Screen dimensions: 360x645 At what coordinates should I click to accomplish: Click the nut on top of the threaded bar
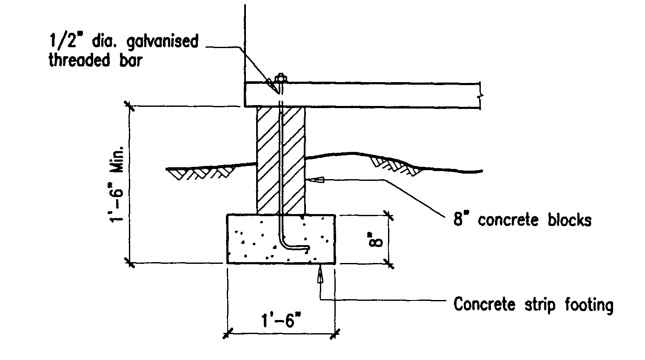(281, 78)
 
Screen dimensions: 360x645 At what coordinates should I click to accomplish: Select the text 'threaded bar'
(95, 60)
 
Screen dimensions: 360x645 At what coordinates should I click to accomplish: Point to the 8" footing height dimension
(377, 240)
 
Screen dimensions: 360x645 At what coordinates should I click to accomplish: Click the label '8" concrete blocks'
(522, 220)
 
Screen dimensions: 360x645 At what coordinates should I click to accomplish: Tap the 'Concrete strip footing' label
(534, 305)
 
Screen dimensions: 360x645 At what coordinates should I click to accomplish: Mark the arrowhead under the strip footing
(320, 274)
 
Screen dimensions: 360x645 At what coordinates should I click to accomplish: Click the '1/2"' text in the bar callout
(63, 42)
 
